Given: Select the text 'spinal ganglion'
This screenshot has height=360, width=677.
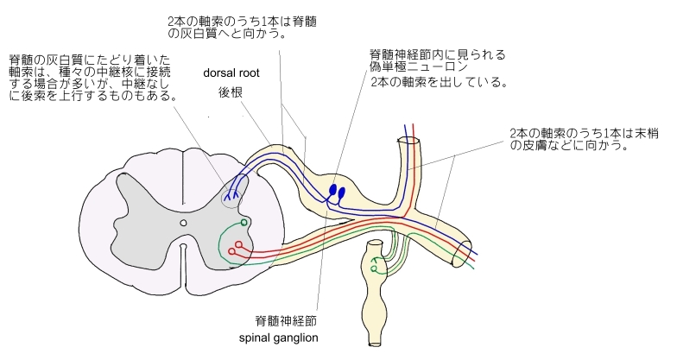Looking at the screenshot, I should click(279, 338).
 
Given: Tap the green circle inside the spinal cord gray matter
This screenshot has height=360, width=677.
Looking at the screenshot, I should click(245, 224).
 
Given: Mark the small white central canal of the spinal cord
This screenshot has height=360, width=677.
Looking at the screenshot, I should click(183, 223).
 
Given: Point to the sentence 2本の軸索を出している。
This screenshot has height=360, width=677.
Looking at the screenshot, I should click(437, 84).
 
